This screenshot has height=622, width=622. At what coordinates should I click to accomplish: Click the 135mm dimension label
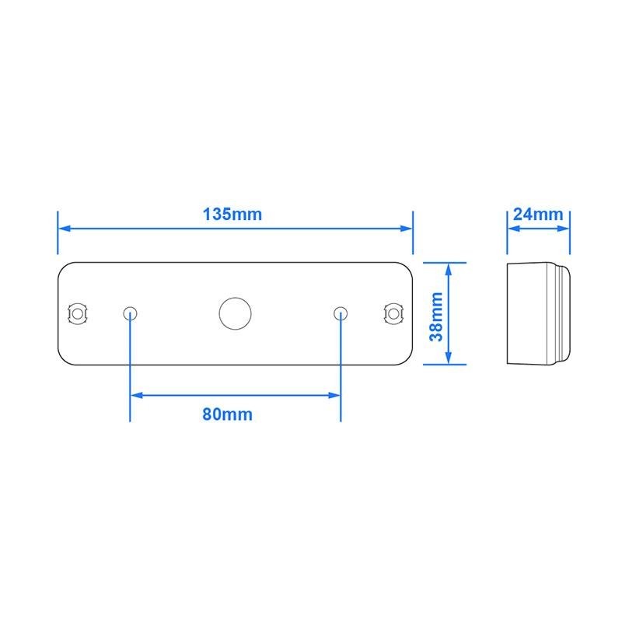232,215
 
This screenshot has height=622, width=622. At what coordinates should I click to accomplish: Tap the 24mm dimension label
538,215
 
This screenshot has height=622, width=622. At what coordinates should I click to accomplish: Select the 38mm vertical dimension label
436,316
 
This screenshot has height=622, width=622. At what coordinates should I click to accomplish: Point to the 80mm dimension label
227,414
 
